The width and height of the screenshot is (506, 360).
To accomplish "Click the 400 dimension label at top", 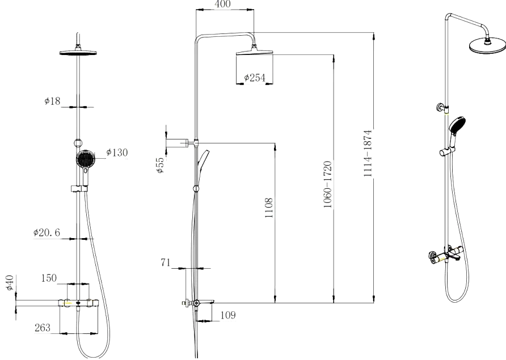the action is point(223,4).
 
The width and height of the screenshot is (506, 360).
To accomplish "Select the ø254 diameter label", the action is point(254,78).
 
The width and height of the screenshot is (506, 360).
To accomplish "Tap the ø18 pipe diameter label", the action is point(52,101).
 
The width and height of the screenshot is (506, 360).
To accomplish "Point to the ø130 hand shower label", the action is point(117,153).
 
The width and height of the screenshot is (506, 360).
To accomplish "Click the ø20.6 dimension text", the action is point(47,232).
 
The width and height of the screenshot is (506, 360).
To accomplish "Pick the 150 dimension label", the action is point(49,278).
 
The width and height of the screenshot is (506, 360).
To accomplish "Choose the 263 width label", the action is point(43,328).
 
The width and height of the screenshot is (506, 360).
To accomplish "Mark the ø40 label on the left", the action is point(10,282).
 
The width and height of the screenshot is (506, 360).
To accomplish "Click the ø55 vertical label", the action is point(161,165).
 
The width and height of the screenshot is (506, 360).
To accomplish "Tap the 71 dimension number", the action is point(165,262).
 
